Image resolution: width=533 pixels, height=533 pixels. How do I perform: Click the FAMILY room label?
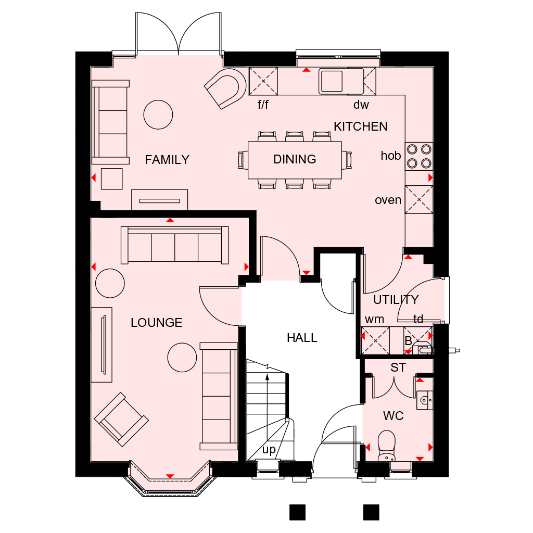pyautogui.click(x=167, y=160)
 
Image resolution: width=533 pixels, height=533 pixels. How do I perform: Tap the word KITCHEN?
pyautogui.click(x=361, y=126)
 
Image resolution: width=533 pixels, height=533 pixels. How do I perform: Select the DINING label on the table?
pyautogui.click(x=295, y=159)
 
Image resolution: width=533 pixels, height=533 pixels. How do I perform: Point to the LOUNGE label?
pyautogui.click(x=156, y=323)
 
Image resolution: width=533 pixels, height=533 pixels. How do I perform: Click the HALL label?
pyautogui.click(x=302, y=338)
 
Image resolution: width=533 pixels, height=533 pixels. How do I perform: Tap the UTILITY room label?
pyautogui.click(x=396, y=300)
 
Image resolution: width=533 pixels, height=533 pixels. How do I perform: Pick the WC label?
pyautogui.click(x=394, y=416)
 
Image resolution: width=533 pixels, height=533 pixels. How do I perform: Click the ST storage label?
pyautogui.click(x=398, y=367)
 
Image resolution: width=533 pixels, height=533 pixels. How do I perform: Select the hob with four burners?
pyautogui.click(x=419, y=156)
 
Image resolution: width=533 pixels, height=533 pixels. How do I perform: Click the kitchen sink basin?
pyautogui.click(x=332, y=81)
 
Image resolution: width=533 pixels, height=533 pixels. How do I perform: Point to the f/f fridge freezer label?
pyautogui.click(x=263, y=104)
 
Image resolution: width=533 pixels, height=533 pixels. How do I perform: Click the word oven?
pyautogui.click(x=388, y=200)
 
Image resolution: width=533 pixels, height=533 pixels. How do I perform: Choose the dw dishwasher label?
pyautogui.click(x=361, y=105)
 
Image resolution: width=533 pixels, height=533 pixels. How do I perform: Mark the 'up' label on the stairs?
pyautogui.click(x=269, y=450)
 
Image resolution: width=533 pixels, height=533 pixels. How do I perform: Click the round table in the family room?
pyautogui.click(x=158, y=115)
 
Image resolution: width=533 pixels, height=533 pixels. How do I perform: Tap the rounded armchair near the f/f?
pyautogui.click(x=225, y=88)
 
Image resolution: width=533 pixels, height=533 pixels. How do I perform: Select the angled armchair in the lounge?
pyautogui.click(x=121, y=420)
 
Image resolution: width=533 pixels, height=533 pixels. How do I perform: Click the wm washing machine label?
pyautogui.click(x=374, y=320)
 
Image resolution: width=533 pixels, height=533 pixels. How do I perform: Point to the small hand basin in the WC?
pyautogui.click(x=425, y=400)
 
